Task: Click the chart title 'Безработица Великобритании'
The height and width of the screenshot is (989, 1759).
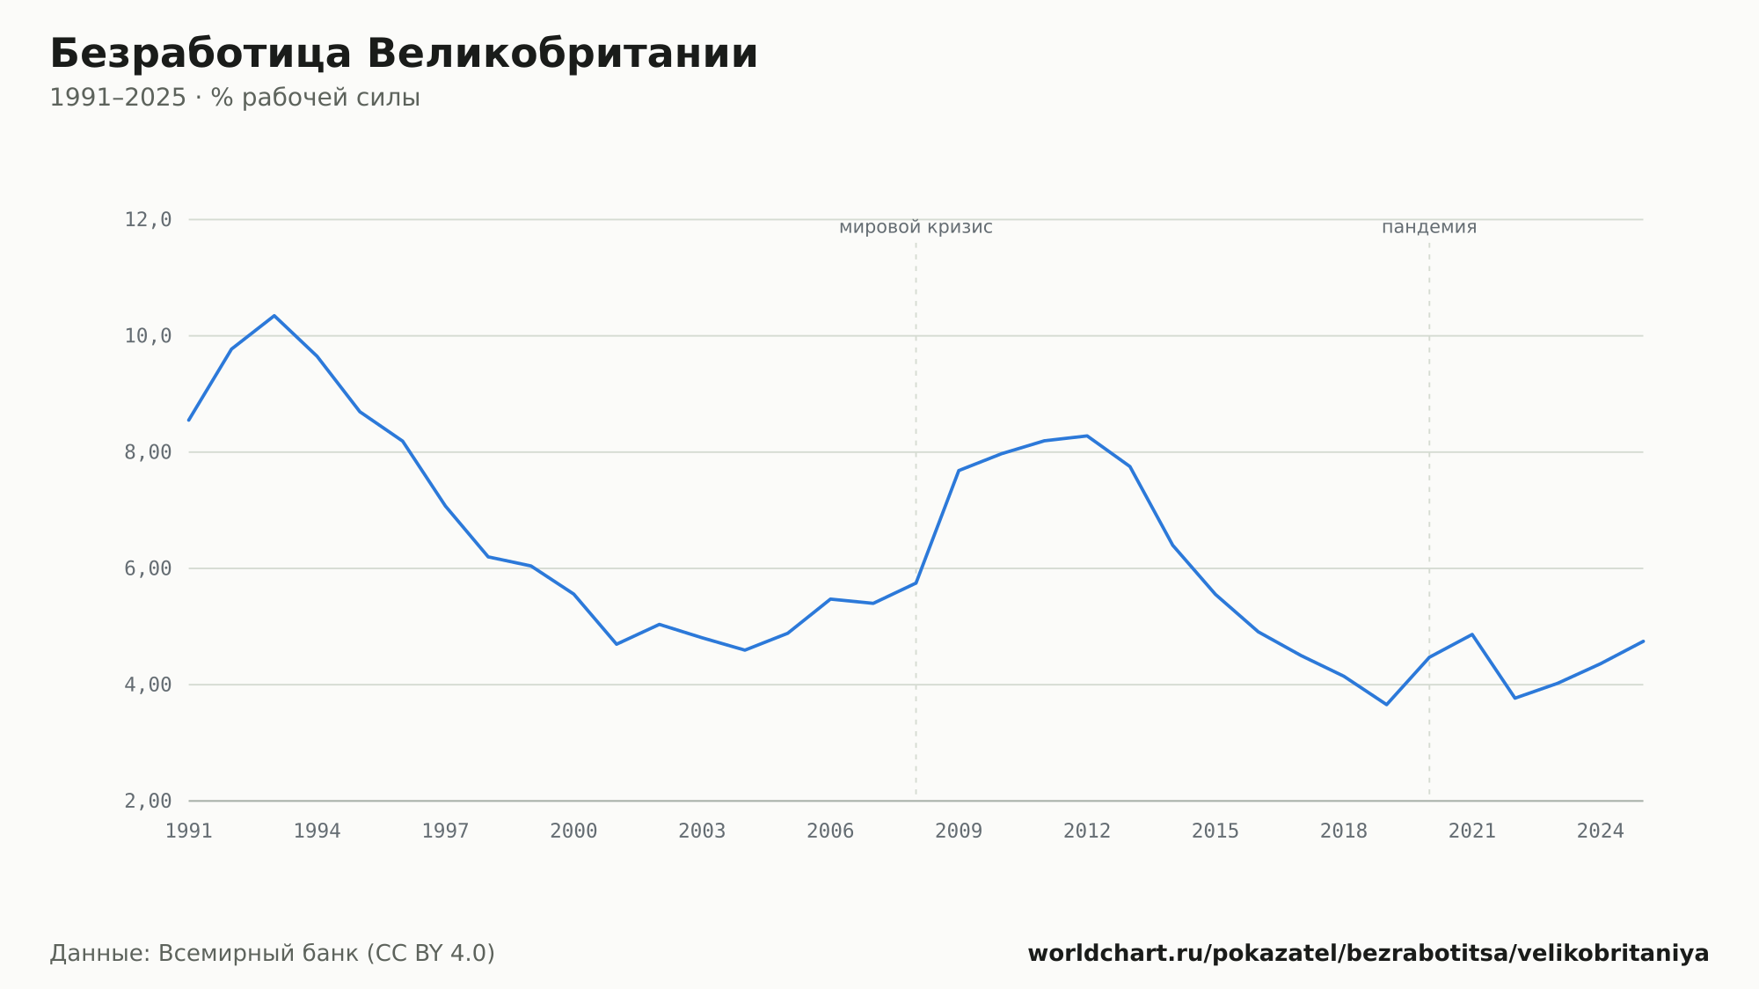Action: point(404,55)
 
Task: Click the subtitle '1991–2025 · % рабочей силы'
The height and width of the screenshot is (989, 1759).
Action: point(235,98)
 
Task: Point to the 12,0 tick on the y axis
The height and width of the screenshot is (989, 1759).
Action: point(148,220)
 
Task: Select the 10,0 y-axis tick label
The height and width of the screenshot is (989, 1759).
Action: point(148,336)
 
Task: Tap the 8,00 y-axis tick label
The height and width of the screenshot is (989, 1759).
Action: point(148,452)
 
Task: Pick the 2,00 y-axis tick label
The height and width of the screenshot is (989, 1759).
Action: point(148,801)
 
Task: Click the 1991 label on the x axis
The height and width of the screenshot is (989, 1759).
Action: point(189,831)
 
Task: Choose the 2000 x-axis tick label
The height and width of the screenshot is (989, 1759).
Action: point(573,831)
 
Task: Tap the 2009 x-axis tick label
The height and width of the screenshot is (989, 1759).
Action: point(959,831)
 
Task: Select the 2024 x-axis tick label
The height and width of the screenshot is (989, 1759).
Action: point(1600,831)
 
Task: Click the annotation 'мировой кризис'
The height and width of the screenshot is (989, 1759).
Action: point(916,227)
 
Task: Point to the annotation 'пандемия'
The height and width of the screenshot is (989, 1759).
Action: point(1429,227)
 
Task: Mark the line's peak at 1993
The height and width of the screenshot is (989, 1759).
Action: point(274,316)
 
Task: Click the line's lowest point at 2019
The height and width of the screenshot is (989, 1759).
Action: point(1386,704)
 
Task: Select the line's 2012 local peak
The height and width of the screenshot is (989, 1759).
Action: point(1087,436)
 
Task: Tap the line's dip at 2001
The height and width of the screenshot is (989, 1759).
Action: point(617,644)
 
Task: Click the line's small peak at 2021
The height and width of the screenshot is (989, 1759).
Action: point(1471,634)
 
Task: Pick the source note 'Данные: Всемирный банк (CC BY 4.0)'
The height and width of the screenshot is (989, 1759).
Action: point(273,954)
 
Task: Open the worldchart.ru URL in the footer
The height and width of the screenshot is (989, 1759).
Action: point(1369,954)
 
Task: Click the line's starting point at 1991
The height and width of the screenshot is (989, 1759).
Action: point(189,420)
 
